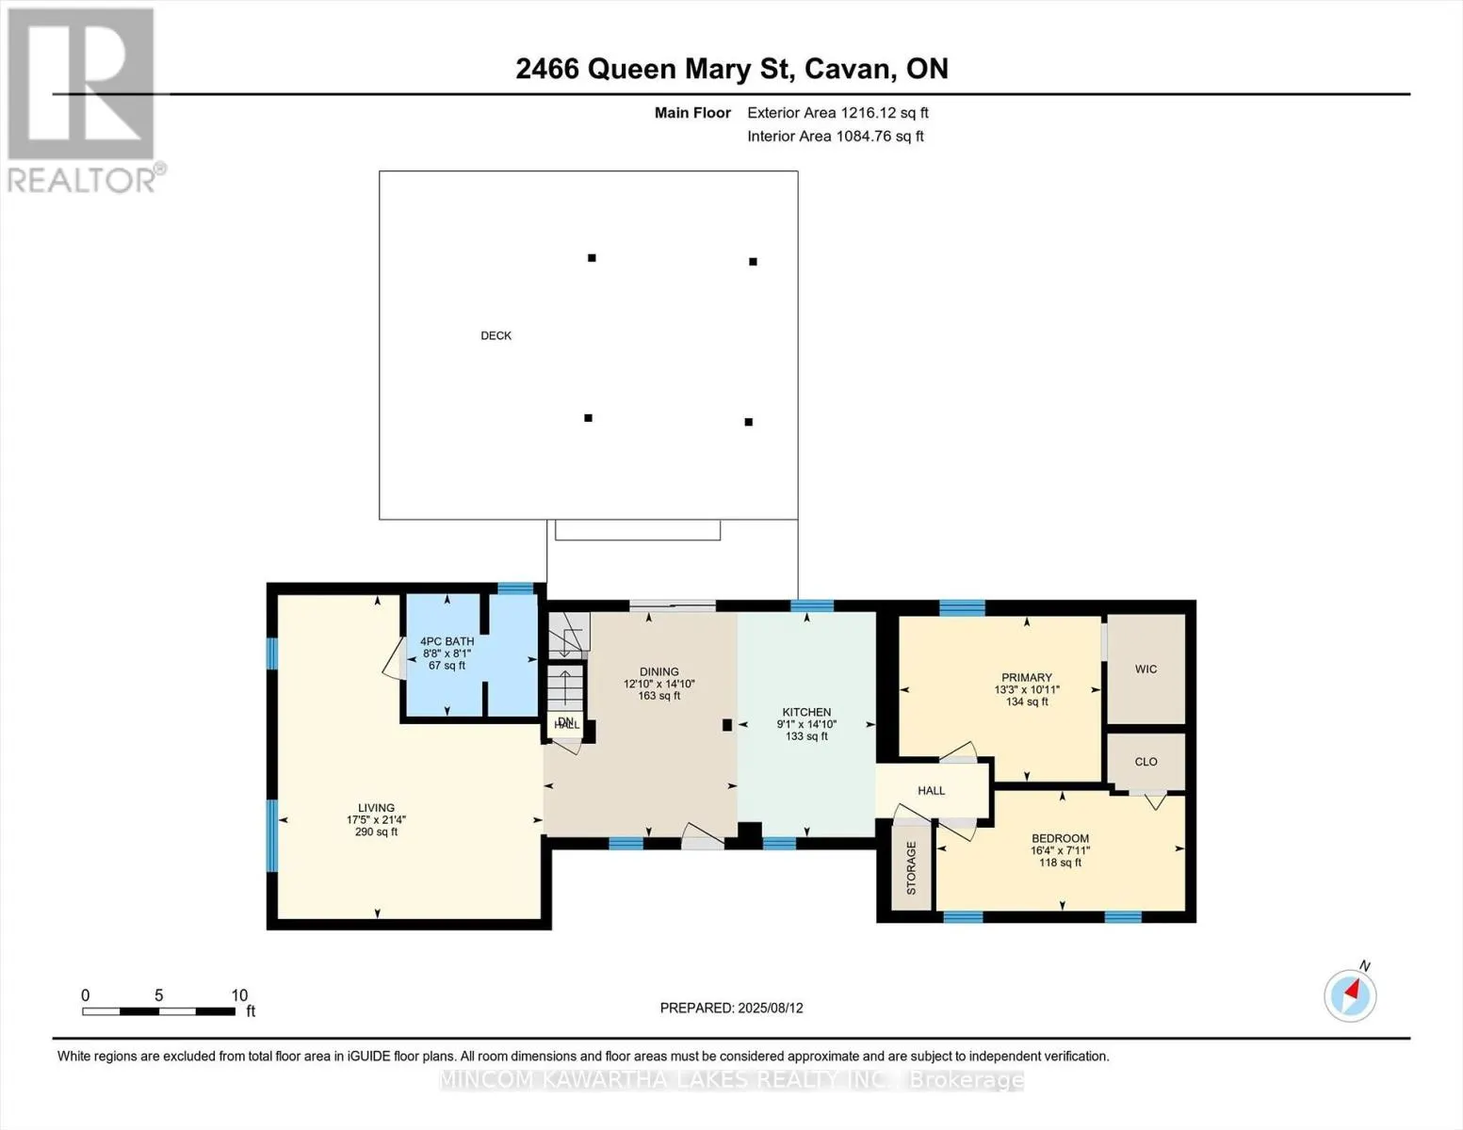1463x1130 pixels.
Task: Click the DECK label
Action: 496,336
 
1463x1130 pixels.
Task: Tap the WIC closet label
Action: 1146,670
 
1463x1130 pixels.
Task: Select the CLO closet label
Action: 1146,762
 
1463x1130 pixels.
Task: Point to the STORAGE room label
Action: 911,867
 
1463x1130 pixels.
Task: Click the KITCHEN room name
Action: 806,713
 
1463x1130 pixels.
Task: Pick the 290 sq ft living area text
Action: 376,832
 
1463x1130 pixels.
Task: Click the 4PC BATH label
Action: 447,641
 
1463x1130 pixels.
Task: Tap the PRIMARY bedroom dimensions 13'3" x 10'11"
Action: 1027,690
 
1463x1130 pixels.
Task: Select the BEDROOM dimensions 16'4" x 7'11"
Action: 1060,851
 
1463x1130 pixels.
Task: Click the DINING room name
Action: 658,672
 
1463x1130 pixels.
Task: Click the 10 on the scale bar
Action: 239,995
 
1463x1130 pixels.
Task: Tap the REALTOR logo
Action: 83,99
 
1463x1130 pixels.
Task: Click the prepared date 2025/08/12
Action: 771,1009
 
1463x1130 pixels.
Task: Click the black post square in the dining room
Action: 727,725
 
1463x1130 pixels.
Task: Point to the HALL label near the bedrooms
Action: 931,791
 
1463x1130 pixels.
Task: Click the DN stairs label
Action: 565,721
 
